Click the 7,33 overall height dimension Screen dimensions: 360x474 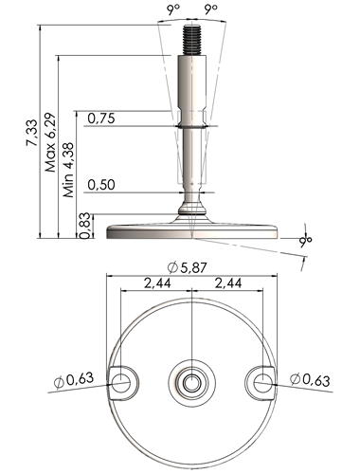(x=32, y=133)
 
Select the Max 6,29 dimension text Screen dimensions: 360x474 (x=50, y=142)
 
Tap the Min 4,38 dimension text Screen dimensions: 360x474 (x=68, y=170)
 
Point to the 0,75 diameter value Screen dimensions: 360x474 (x=101, y=118)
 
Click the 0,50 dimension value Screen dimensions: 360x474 (x=101, y=185)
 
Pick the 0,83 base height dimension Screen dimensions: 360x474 (x=84, y=227)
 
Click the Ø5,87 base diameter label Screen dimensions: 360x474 (x=187, y=268)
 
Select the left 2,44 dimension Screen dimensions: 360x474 (x=157, y=283)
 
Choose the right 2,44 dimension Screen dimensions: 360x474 (x=228, y=283)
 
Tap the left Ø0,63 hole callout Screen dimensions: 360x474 (x=74, y=379)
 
